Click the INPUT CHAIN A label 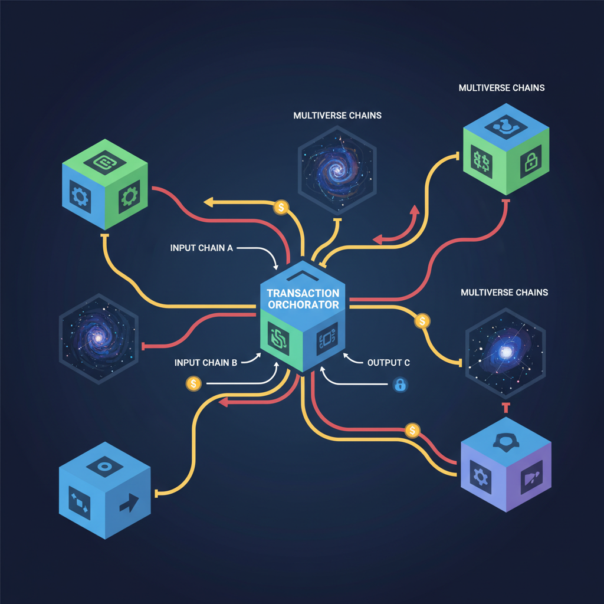click(202, 248)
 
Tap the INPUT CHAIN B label click(206, 363)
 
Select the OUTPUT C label click(388, 363)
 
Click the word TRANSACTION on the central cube click(303, 293)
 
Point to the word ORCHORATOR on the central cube click(304, 305)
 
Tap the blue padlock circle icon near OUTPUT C click(401, 385)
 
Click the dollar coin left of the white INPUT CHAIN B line click(193, 383)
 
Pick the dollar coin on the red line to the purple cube click(412, 430)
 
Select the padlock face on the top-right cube click(531, 162)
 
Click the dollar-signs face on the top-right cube click(481, 162)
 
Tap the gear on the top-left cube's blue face click(80, 197)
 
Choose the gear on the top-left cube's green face click(129, 196)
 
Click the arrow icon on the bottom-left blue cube click(129, 503)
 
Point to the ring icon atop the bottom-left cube click(104, 467)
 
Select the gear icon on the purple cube click(480, 477)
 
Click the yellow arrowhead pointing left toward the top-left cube click(208, 202)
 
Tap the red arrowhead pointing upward click(415, 210)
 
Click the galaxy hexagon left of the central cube click(99, 339)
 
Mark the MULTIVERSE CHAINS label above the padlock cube click(501, 88)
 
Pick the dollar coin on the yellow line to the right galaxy click(422, 321)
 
